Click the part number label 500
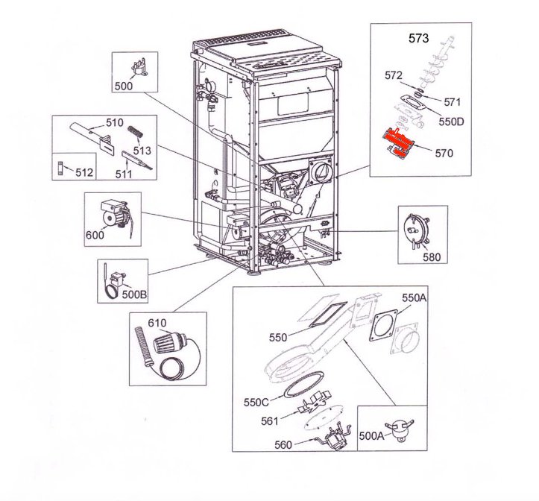click(x=123, y=86)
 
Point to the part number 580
click(x=432, y=257)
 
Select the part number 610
click(x=156, y=323)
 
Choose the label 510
click(x=114, y=122)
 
